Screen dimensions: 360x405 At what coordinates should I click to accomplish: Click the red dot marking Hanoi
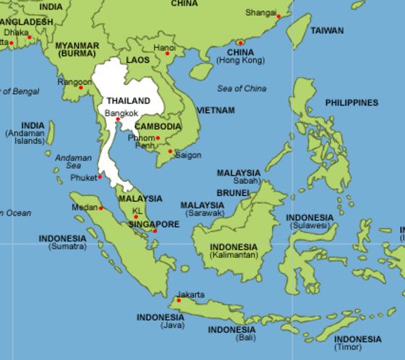pyautogui.click(x=167, y=53)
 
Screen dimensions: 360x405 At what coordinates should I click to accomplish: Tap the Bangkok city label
pyautogui.click(x=121, y=113)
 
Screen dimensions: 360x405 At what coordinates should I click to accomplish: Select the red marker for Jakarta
pyautogui.click(x=179, y=300)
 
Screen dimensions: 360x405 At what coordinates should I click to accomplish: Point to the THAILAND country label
pyautogui.click(x=129, y=100)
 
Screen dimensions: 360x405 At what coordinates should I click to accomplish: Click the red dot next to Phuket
pyautogui.click(x=100, y=177)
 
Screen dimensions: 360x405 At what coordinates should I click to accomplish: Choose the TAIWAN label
pyautogui.click(x=327, y=31)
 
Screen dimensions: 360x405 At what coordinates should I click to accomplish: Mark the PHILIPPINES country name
pyautogui.click(x=351, y=103)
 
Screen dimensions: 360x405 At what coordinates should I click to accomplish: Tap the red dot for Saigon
pyautogui.click(x=170, y=152)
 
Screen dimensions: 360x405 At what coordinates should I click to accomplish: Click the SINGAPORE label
pyautogui.click(x=153, y=224)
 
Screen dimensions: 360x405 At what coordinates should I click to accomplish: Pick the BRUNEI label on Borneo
pyautogui.click(x=233, y=193)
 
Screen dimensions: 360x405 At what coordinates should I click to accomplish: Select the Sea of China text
pyautogui.click(x=242, y=89)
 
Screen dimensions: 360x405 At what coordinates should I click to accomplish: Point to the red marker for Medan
pyautogui.click(x=101, y=208)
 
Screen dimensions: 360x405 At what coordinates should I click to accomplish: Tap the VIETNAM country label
pyautogui.click(x=216, y=111)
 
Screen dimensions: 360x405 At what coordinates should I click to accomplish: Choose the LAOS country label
pyautogui.click(x=137, y=60)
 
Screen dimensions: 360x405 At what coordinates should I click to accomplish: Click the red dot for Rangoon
pyautogui.click(x=91, y=85)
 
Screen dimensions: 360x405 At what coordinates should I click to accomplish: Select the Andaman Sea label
pyautogui.click(x=74, y=161)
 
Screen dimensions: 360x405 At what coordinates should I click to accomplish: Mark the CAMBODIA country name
pyautogui.click(x=158, y=127)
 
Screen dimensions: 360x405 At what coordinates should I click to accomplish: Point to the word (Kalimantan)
pyautogui.click(x=233, y=256)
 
